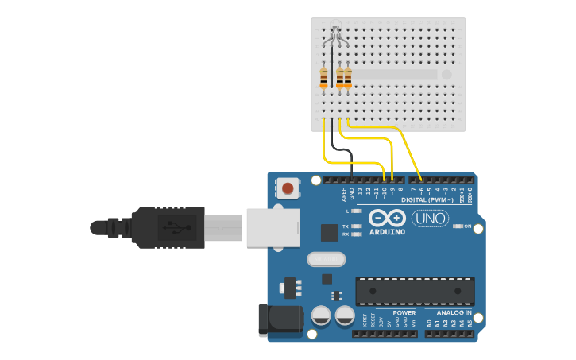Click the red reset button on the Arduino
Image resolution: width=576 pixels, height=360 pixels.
288,189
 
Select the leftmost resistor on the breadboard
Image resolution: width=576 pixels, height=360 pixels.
323,78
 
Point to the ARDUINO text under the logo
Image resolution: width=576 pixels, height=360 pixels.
387,232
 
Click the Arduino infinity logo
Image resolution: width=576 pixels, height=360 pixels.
387,219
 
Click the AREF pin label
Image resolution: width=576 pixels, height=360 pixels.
344,193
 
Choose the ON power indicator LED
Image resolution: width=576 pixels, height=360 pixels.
458,226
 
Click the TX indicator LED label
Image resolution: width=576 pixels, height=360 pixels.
345,226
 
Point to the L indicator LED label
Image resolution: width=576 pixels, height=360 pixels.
347,211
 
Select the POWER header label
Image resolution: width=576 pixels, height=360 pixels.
404,313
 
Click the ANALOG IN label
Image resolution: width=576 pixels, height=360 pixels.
454,313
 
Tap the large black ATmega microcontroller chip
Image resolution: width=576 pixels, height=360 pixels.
415,291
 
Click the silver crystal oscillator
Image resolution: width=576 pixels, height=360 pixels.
326,259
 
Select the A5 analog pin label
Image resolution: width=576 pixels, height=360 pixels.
470,323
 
